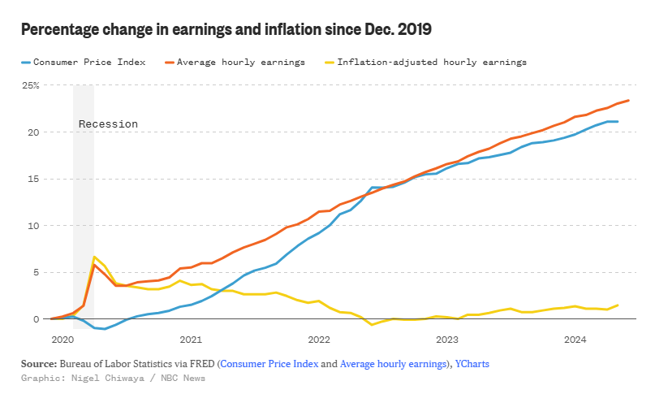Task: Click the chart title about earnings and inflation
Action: click(x=226, y=30)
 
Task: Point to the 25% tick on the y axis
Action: click(x=30, y=85)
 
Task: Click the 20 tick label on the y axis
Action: click(x=33, y=132)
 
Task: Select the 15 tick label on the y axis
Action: click(x=33, y=179)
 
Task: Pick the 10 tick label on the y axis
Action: click(x=33, y=226)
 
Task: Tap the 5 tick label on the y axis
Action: click(x=36, y=272)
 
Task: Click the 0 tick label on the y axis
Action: click(x=36, y=319)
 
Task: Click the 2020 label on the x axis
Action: click(x=62, y=339)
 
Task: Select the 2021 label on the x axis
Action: click(x=191, y=339)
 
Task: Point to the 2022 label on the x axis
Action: click(x=319, y=339)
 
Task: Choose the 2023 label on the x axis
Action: click(x=447, y=339)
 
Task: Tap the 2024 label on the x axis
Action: click(x=575, y=339)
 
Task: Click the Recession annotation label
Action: click(x=108, y=124)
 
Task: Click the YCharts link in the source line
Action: click(x=472, y=364)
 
